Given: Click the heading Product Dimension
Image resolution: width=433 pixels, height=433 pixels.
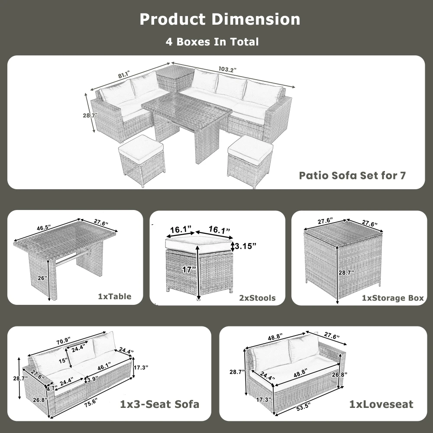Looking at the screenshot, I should [x=220, y=19].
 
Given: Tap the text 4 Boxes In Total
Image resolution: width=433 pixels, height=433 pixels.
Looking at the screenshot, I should [x=212, y=42].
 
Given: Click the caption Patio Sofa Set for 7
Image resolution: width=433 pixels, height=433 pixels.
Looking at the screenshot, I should [x=352, y=176].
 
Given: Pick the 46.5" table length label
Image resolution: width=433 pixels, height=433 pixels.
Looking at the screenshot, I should [x=43, y=227].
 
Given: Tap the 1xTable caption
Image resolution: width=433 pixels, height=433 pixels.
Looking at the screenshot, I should [x=114, y=297].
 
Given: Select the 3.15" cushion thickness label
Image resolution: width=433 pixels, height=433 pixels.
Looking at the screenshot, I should [x=244, y=246].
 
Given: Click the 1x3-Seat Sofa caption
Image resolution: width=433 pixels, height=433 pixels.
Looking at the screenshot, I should [x=159, y=404].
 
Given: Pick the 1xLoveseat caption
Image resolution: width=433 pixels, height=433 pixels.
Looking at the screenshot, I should [x=381, y=404].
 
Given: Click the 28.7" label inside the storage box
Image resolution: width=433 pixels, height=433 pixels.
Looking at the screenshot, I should [x=346, y=273].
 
